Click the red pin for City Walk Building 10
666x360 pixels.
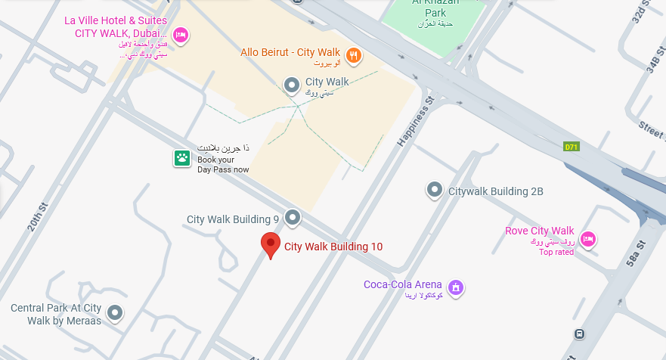[271, 244]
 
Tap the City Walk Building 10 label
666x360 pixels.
[333, 247]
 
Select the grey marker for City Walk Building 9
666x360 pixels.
[292, 219]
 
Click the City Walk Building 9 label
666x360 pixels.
[233, 219]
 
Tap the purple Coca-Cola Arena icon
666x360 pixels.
[455, 287]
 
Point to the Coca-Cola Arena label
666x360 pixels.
[402, 285]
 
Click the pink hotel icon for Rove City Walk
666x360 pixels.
[588, 240]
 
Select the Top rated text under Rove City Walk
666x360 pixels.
[556, 253]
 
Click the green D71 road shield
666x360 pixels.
[572, 147]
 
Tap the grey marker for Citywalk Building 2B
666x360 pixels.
[434, 190]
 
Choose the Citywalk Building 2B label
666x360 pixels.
[496, 191]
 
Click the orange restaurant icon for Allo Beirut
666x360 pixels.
[353, 54]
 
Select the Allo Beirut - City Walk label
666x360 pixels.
[290, 52]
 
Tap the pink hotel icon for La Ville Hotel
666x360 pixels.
[180, 35]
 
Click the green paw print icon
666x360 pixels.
[182, 158]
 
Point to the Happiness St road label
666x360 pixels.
[414, 121]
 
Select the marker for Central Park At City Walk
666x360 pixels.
[114, 312]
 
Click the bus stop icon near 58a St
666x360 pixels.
[579, 334]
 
